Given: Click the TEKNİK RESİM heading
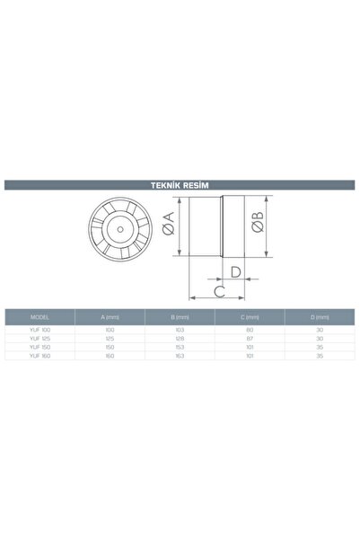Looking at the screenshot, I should pos(180,186).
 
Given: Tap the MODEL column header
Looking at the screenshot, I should pos(40,317).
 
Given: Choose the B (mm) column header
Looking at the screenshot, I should pos(180,317).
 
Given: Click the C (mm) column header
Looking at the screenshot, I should pos(251,317).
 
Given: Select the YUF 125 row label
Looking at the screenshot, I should pos(40,341).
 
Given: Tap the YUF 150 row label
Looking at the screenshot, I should pos(40,350).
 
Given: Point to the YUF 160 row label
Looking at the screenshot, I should pos(40,358).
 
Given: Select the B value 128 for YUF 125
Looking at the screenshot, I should pos(180,341).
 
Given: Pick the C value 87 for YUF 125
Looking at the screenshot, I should pos(251,341).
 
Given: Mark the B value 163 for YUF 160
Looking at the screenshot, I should pos(180,358).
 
